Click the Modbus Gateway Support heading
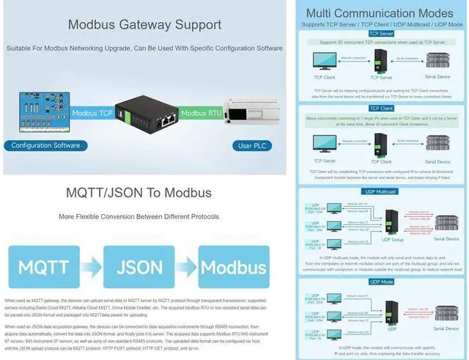pos(144,24)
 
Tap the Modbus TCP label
pos(92,113)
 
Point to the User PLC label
pos(251,146)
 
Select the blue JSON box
pos(140,265)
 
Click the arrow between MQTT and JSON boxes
pos(91,265)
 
